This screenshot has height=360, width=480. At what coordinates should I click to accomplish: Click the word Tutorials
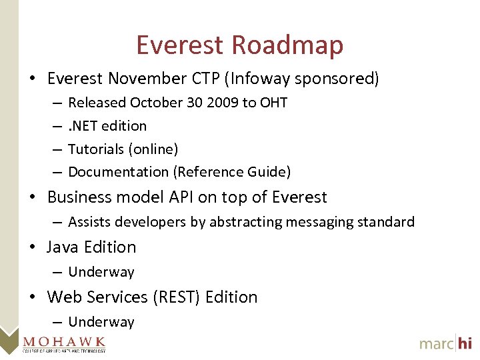tap(95, 149)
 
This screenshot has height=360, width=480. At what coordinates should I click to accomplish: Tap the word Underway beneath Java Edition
tap(101, 272)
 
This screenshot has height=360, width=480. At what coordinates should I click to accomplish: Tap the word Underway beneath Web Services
tap(101, 322)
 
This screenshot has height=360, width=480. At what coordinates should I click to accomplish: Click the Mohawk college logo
tap(63, 342)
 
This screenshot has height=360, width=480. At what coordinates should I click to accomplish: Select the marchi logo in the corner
tap(445, 343)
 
